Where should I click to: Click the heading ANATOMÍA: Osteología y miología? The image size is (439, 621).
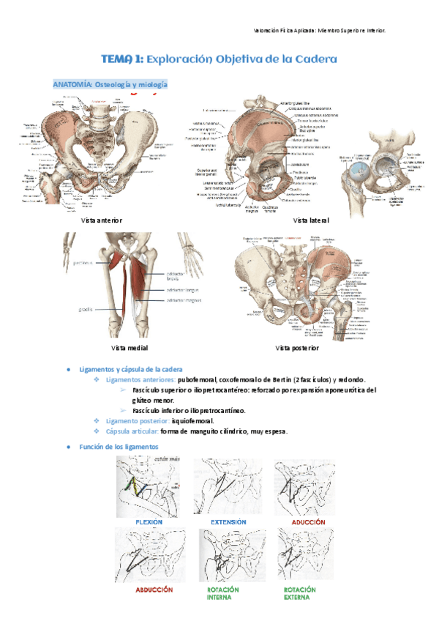coord(110,85)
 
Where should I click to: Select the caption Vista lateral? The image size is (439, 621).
coord(310,220)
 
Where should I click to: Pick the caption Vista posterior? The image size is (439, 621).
coord(297,347)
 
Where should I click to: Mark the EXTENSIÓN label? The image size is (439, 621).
coord(228,522)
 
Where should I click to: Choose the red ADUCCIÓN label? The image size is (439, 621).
coord(309,522)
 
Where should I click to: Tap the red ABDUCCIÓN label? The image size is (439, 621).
coord(154,589)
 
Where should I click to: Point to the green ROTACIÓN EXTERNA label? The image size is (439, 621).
coord(300,593)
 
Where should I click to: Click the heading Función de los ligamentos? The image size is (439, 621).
coord(118,446)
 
